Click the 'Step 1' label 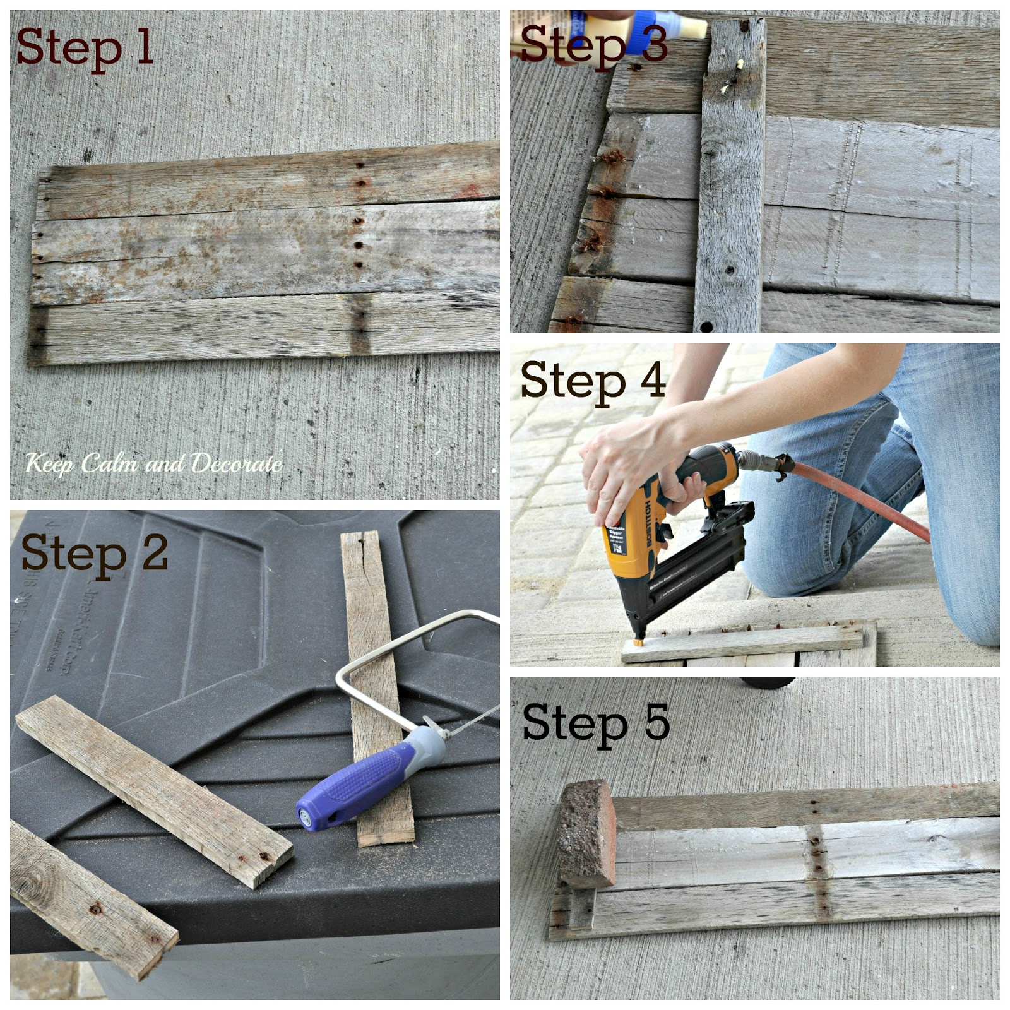85,48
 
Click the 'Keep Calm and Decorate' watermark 154,464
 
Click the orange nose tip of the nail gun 639,641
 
